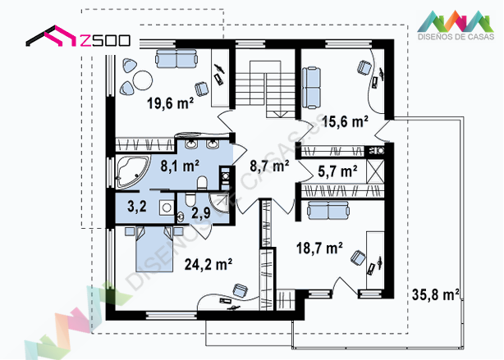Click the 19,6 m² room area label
point(171,103)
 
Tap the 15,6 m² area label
point(345,121)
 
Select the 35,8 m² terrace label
point(436,294)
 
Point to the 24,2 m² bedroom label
point(208,264)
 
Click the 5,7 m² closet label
point(337,171)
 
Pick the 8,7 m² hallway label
point(269,166)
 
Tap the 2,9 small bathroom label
point(201,213)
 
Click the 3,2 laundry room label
point(137,206)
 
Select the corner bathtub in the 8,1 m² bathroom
point(133,172)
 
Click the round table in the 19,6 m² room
point(142,80)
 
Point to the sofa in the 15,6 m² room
point(311,88)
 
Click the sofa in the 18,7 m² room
point(328,210)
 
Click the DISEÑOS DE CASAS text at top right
point(456,37)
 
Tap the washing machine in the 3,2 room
point(166,207)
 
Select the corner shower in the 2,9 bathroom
point(219,203)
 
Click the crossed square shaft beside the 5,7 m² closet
point(375,171)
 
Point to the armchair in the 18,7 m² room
point(358,258)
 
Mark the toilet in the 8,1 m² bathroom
point(202,183)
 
